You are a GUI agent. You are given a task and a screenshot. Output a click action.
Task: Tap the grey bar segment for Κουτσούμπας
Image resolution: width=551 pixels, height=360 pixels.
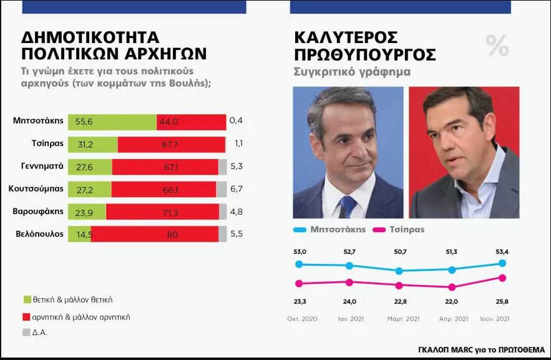222,189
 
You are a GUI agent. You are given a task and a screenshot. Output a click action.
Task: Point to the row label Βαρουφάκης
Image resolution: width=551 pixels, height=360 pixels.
37,211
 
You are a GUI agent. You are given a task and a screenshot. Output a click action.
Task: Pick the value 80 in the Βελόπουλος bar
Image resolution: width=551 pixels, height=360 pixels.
173,235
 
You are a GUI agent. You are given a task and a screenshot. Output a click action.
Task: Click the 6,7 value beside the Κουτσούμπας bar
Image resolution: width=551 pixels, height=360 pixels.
236,189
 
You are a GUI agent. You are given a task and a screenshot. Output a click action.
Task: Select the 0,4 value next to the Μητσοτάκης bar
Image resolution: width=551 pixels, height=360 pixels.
236,121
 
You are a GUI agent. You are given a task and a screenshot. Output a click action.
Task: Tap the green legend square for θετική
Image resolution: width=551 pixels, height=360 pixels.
27,299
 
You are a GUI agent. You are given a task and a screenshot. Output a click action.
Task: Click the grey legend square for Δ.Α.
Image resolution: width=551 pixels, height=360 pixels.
27,333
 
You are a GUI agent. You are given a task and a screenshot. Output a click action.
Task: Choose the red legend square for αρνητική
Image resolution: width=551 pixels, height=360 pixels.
27,317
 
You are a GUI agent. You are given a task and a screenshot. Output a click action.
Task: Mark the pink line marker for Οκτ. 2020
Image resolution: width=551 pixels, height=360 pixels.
299,284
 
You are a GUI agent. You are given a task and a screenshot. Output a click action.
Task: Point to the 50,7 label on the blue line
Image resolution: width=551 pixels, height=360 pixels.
400,252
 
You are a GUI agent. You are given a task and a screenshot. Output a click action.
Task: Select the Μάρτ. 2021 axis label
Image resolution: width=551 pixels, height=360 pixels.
400,319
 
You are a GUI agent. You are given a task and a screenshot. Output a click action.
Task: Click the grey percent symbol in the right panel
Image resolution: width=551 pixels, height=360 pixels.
497,45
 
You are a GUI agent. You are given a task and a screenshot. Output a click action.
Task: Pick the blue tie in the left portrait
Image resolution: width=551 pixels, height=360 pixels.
348,207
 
